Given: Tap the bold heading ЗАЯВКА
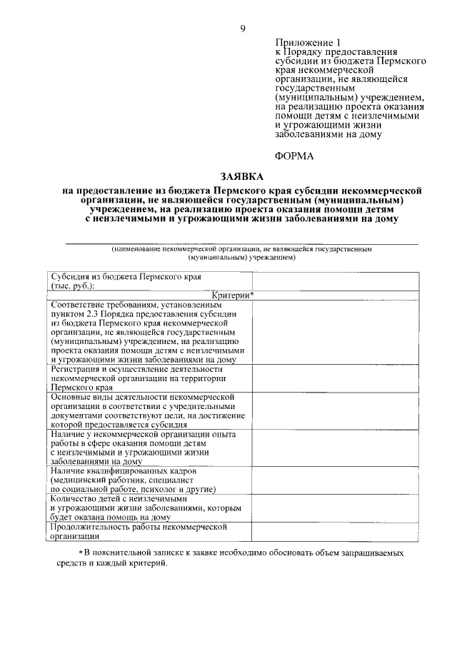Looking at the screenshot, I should [x=241, y=176].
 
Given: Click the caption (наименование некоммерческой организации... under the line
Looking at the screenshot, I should [x=241, y=253].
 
